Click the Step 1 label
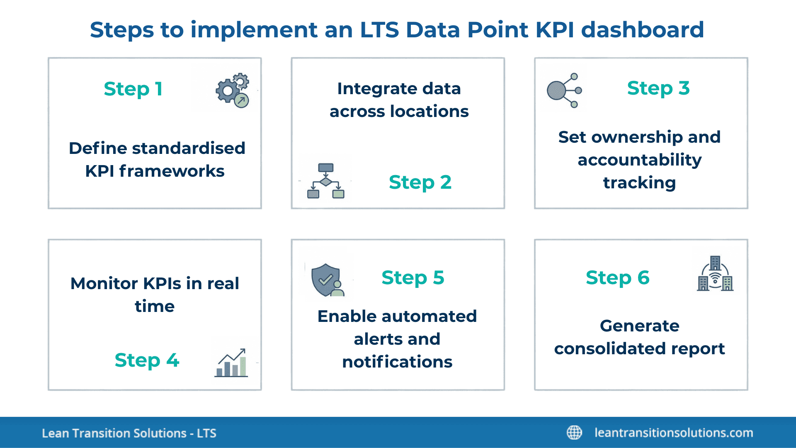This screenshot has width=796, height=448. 133,89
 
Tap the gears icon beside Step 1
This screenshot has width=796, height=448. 232,90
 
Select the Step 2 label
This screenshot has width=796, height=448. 420,182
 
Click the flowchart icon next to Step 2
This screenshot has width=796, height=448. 326,181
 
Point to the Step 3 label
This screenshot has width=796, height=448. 658,88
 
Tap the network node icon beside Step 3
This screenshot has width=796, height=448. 564,90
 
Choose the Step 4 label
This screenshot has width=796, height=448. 147,360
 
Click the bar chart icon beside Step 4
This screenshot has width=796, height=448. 231,363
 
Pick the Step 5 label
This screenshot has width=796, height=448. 413,278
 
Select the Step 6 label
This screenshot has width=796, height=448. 617,278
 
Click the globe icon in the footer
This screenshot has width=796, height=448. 574,432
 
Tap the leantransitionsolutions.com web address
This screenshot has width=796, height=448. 674,433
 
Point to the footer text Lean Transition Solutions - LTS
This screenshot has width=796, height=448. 129,433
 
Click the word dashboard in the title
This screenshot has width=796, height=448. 642,30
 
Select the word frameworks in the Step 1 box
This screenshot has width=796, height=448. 172,171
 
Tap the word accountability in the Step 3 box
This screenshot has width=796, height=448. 640,160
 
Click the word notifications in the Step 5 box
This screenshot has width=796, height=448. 397,362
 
